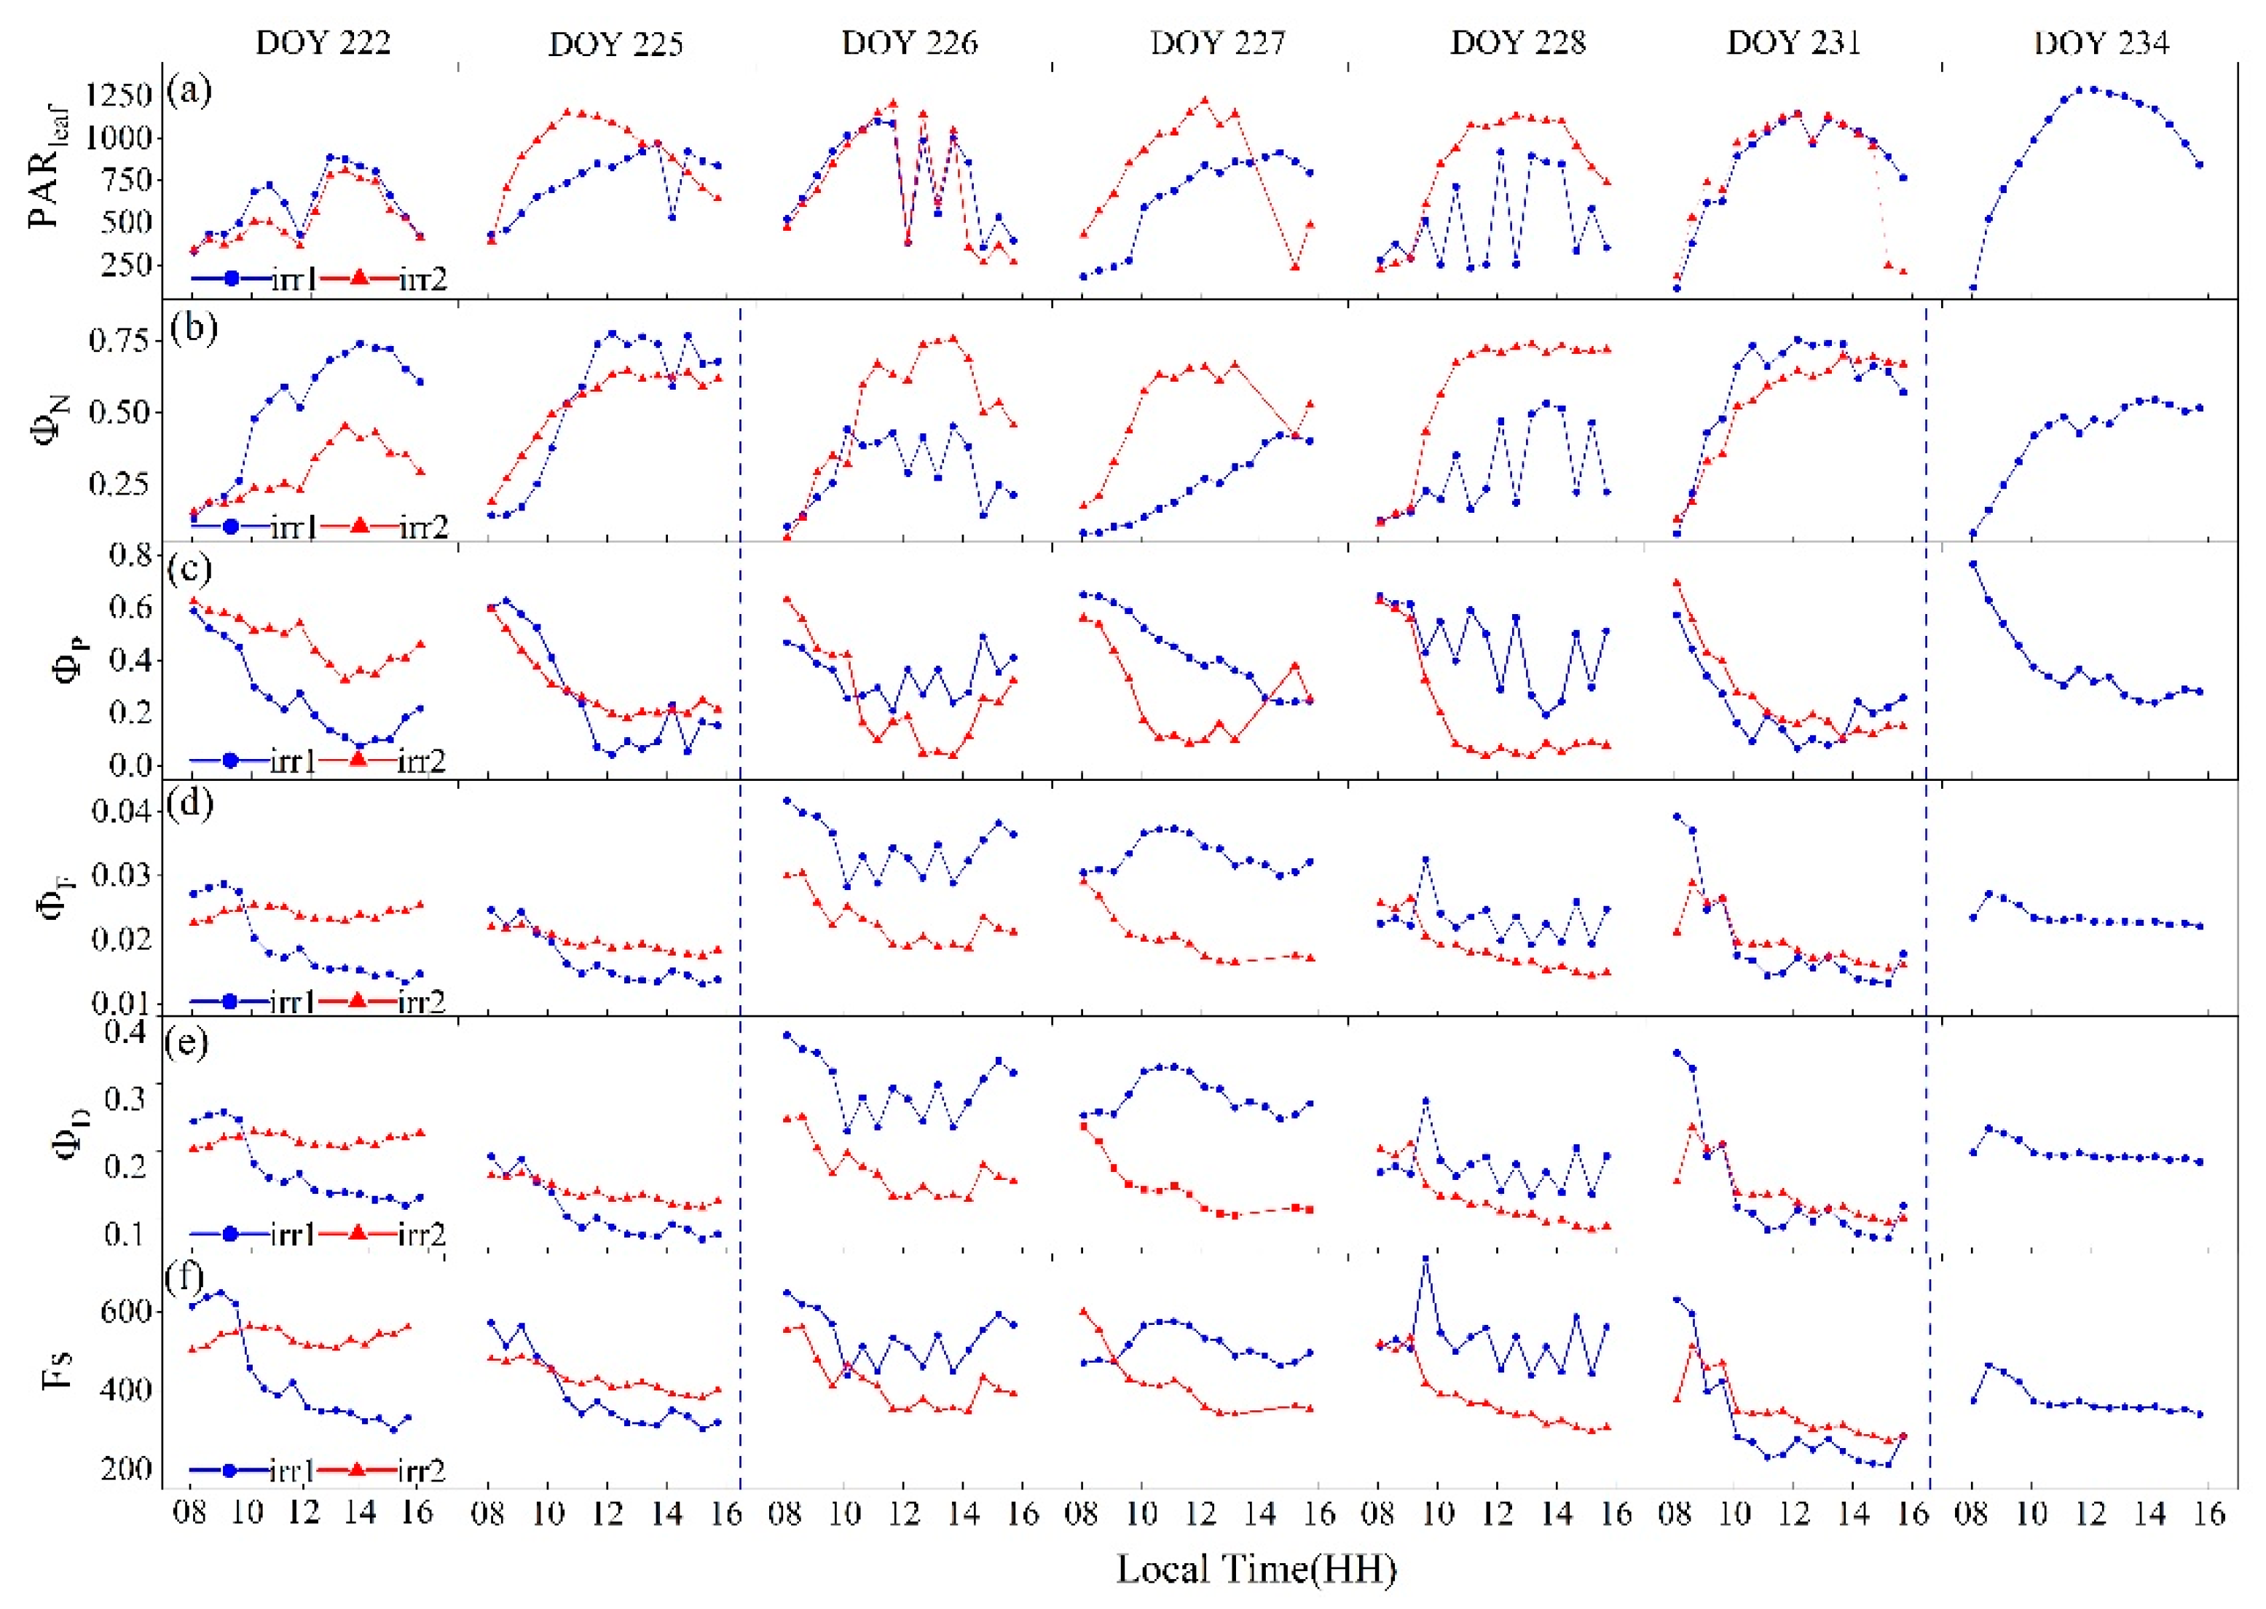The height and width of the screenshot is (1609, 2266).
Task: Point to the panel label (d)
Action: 188,803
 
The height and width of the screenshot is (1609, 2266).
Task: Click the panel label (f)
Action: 185,1277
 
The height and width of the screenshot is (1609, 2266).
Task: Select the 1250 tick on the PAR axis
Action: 118,96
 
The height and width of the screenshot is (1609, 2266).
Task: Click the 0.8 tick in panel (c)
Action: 132,555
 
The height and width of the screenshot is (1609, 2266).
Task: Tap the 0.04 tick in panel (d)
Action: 121,811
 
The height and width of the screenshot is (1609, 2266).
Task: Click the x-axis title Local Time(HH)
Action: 1256,1568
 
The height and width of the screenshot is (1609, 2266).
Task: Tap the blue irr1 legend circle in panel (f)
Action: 230,1471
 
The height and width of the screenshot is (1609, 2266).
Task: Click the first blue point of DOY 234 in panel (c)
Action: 1972,564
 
